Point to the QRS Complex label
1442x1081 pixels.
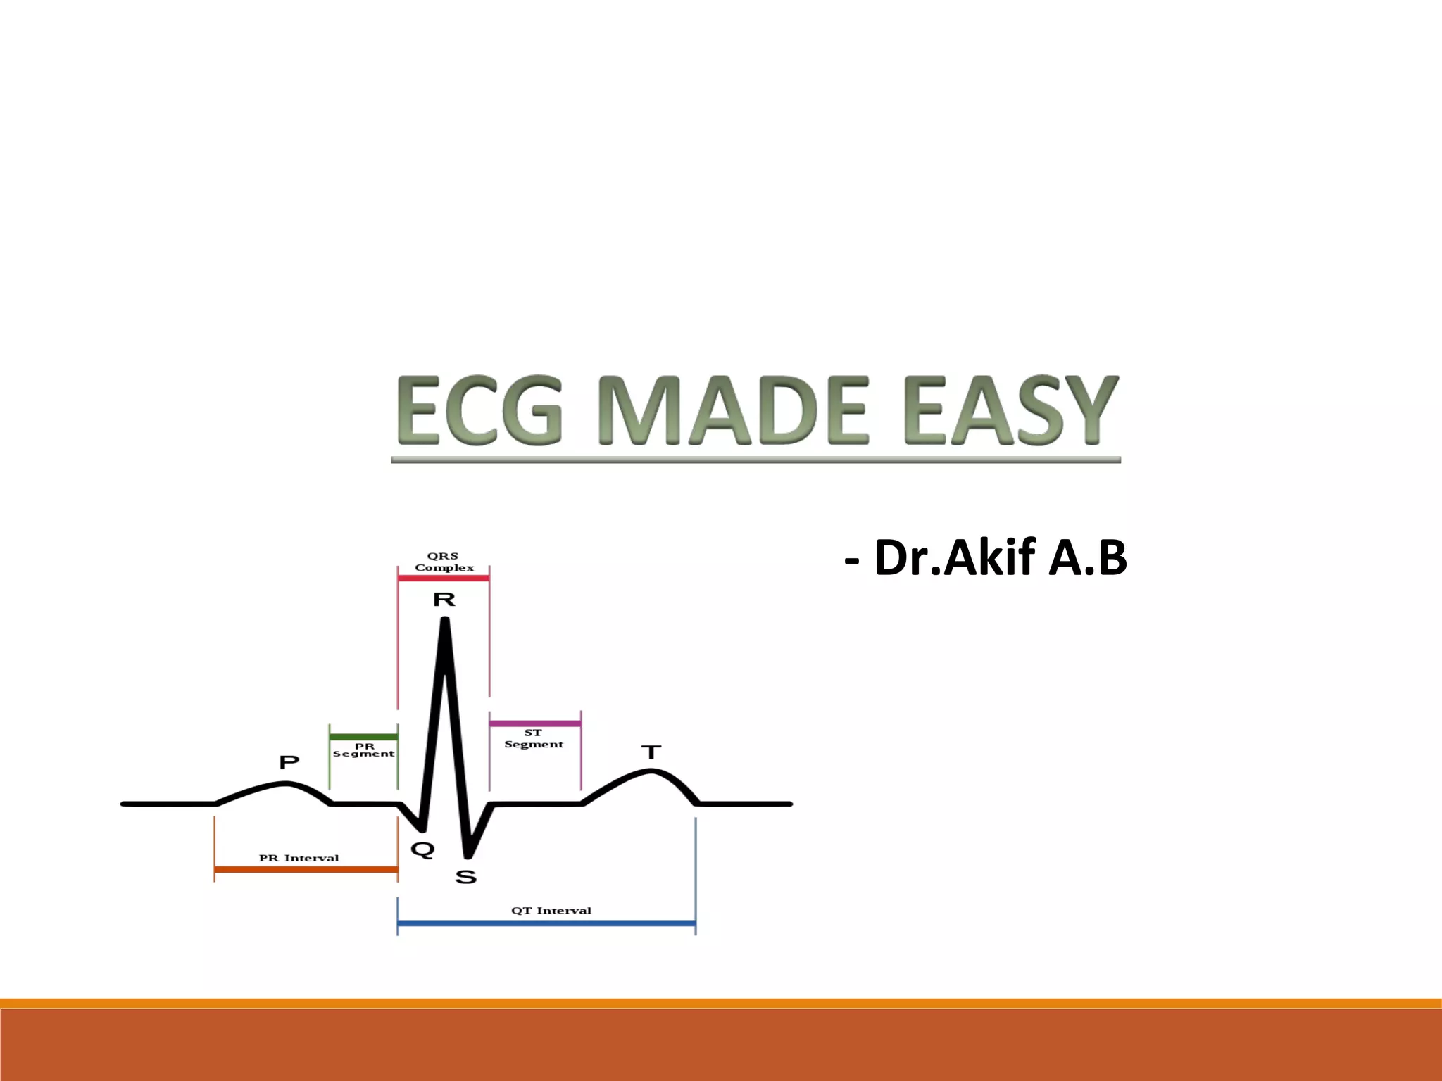pos(444,562)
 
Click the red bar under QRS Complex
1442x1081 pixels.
pos(444,578)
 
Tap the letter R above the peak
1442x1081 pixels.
pos(444,600)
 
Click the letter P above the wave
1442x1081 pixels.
pos(289,761)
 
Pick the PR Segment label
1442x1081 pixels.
pos(364,750)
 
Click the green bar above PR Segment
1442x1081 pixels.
pos(363,737)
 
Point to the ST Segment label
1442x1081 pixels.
pos(534,738)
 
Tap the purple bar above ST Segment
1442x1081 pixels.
pos(535,723)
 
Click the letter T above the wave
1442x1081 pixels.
pos(651,752)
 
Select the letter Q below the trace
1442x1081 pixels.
pos(422,849)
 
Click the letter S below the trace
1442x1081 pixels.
pos(466,877)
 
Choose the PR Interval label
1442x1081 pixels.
pos(299,858)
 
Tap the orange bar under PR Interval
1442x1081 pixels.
pos(306,870)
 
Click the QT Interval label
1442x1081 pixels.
pos(551,910)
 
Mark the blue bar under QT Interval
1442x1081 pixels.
pos(546,923)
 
